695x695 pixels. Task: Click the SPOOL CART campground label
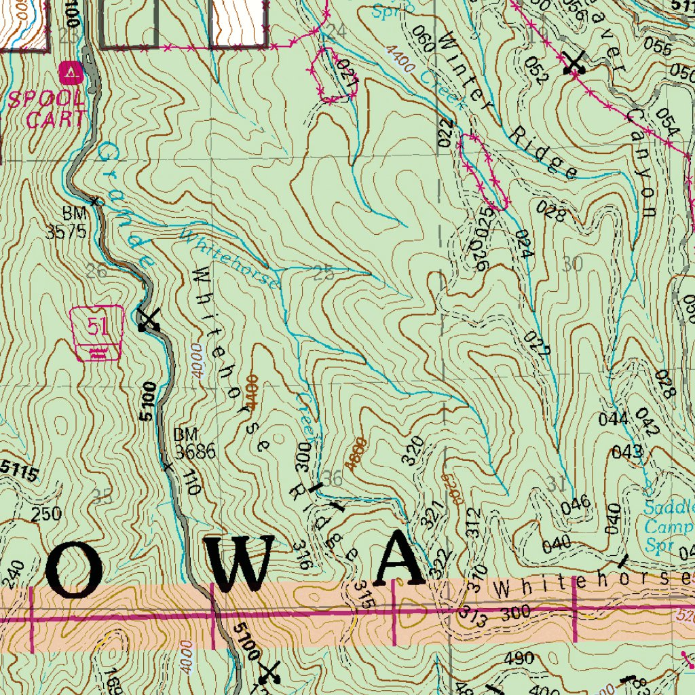click(x=47, y=108)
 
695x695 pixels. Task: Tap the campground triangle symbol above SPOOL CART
click(x=71, y=71)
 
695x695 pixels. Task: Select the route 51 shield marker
click(x=98, y=331)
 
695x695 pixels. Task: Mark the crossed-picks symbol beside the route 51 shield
click(x=148, y=320)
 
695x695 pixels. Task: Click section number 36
click(x=332, y=478)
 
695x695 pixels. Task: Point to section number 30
click(x=573, y=264)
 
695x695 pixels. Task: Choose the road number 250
click(x=47, y=514)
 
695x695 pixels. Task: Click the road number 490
click(x=519, y=658)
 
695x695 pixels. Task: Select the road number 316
click(x=303, y=555)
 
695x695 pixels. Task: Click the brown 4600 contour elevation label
click(x=356, y=453)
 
